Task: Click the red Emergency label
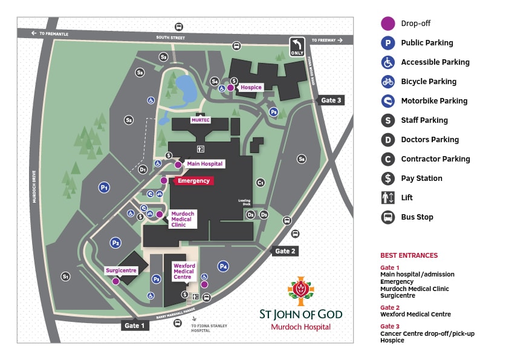193,181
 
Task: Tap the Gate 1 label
135,326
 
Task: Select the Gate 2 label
285,251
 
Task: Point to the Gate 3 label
331,100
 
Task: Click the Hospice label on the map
251,88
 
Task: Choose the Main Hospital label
205,164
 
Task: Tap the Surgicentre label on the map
121,270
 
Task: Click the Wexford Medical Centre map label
184,271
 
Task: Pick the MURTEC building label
200,120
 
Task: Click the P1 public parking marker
105,188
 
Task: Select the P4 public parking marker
223,266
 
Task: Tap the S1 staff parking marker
66,277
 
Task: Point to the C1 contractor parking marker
261,182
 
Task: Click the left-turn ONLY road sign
297,47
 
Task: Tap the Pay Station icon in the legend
387,178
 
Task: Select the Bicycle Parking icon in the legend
387,82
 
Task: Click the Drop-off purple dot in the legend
387,24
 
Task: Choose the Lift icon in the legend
387,198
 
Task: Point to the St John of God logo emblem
300,292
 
